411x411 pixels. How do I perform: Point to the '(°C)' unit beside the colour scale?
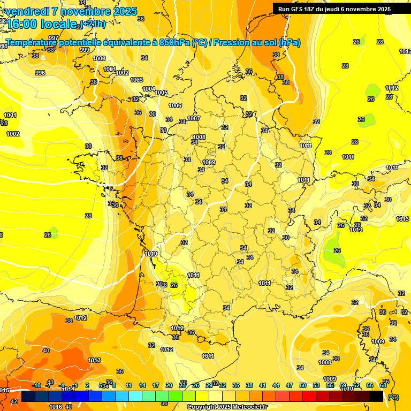393,397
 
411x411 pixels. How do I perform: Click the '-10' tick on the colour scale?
36,385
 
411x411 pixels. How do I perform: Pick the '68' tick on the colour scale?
383,385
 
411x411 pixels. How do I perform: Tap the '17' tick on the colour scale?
156,385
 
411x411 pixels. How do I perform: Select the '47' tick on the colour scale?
290,385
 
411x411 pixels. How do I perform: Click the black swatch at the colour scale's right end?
376,396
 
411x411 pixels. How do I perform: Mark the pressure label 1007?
194,118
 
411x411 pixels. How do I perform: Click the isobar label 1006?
175,105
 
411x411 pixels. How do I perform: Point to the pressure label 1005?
161,93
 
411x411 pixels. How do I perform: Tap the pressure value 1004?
149,89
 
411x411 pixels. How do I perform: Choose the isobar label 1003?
136,80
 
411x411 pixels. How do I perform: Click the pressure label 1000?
99,58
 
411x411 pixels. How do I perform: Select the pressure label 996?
40,73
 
